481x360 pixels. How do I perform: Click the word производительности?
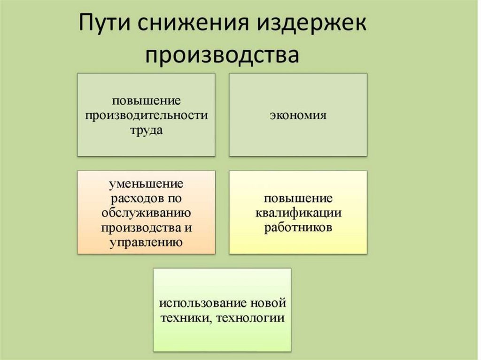point(146,115)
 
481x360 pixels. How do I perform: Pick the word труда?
point(146,130)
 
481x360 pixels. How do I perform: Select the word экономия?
point(298,115)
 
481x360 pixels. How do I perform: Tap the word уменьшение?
point(146,183)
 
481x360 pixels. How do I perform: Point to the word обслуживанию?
point(146,213)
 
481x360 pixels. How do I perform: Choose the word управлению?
point(146,242)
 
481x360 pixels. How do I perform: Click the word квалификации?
point(298,213)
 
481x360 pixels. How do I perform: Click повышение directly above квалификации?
point(298,198)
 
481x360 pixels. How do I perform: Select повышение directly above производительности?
point(146,100)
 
